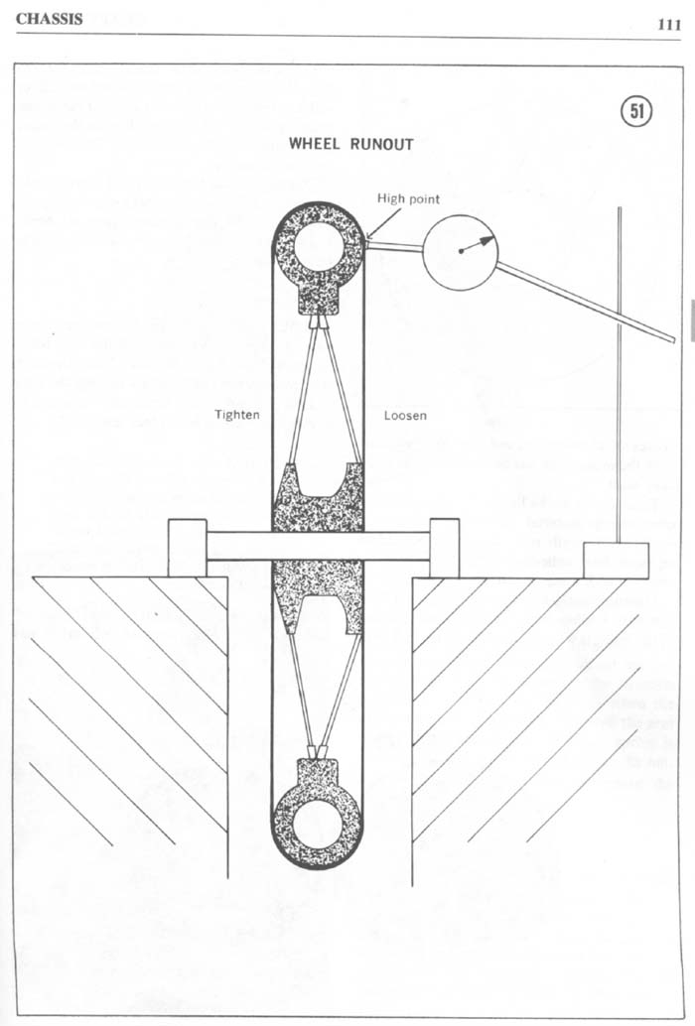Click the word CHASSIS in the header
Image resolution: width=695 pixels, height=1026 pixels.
point(49,19)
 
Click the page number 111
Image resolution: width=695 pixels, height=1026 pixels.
point(669,25)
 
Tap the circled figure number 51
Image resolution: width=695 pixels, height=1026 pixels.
point(636,112)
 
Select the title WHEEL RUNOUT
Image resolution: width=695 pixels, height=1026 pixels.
point(350,143)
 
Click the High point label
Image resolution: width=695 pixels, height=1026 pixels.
point(408,198)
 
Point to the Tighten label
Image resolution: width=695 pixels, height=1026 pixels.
point(237,414)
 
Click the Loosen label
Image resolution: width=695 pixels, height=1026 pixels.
point(405,415)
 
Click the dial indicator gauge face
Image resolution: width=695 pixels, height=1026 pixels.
point(460,251)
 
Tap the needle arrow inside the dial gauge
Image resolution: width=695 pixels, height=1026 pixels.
point(478,245)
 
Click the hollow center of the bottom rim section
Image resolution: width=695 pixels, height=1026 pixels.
point(317,820)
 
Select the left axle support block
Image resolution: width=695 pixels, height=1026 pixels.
point(188,548)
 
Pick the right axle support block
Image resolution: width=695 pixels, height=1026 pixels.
point(445,548)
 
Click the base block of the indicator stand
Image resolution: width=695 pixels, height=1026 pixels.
point(616,560)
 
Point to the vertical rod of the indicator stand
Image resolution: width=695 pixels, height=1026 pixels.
point(620,375)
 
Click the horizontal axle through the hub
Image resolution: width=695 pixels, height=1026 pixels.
point(318,547)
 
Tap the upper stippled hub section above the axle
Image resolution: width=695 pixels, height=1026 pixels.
point(318,497)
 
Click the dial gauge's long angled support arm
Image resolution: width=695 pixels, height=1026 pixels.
point(585,302)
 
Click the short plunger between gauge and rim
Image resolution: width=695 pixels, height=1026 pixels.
point(394,245)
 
